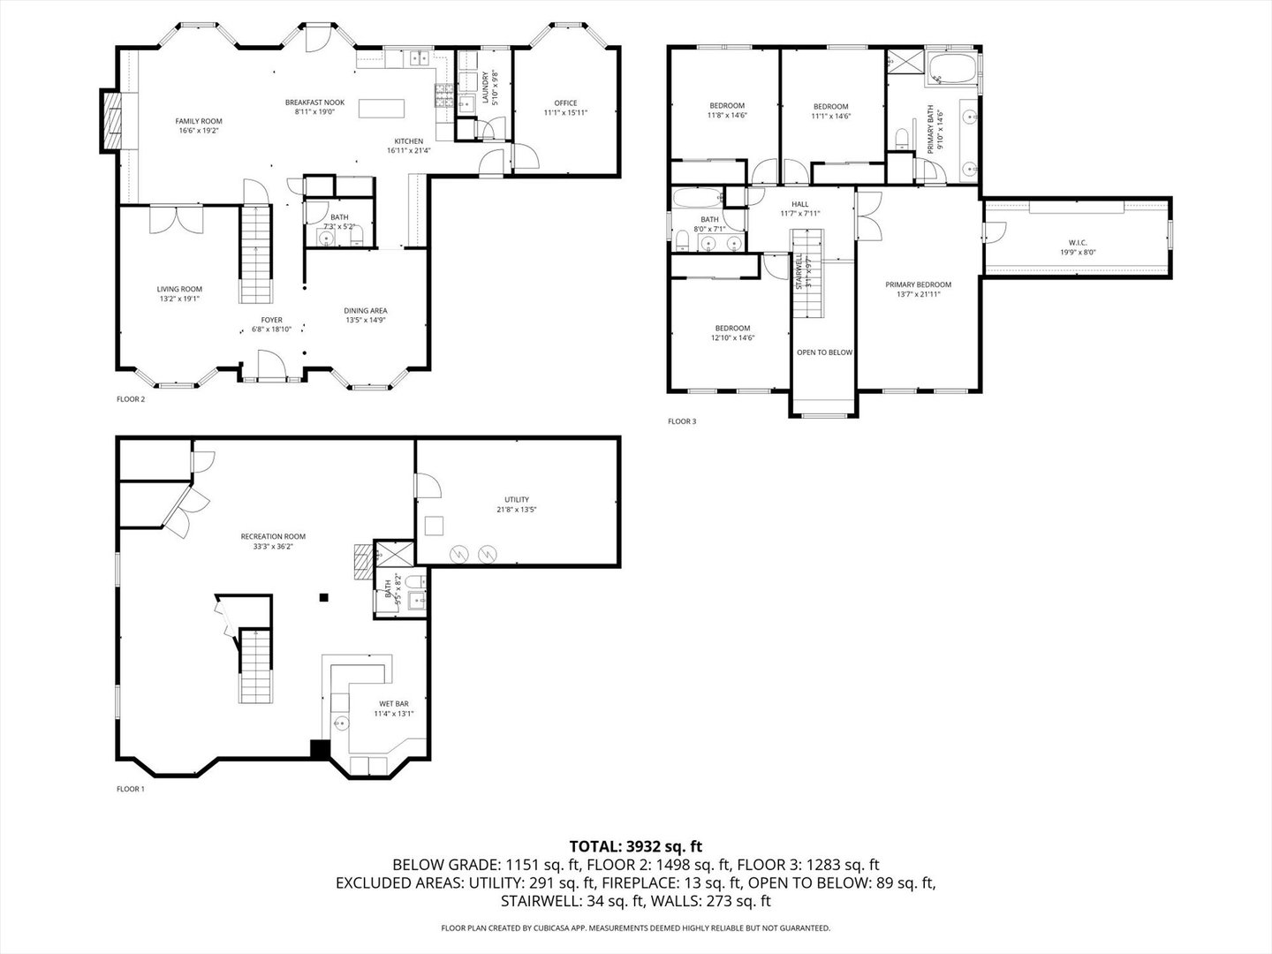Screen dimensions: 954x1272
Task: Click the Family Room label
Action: pyautogui.click(x=198, y=122)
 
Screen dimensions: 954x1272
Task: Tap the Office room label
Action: pyautogui.click(x=565, y=103)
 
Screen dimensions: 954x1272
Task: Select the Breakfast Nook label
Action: pyautogui.click(x=314, y=102)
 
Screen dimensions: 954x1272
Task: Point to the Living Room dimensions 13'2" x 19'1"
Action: pyautogui.click(x=179, y=299)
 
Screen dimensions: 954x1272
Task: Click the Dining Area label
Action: pyautogui.click(x=365, y=311)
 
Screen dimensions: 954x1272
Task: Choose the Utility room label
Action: pyautogui.click(x=517, y=500)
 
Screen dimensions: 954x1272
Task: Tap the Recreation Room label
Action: pyautogui.click(x=273, y=536)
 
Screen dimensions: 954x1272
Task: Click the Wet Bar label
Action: pyautogui.click(x=393, y=704)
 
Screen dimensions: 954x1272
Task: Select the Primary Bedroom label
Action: pyautogui.click(x=919, y=284)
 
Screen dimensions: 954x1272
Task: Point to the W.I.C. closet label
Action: pyautogui.click(x=1077, y=242)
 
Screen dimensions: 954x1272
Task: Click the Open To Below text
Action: pyautogui.click(x=824, y=352)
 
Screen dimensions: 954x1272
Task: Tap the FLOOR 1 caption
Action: pyautogui.click(x=130, y=789)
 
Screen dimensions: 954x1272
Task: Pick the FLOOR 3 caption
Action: pyautogui.click(x=682, y=421)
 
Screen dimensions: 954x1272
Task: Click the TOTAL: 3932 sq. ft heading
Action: pyautogui.click(x=636, y=846)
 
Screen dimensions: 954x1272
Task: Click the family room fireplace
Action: pyautogui.click(x=111, y=121)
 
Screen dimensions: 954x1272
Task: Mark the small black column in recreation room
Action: pyautogui.click(x=324, y=598)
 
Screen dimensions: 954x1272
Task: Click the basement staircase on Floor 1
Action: pyautogui.click(x=254, y=667)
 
